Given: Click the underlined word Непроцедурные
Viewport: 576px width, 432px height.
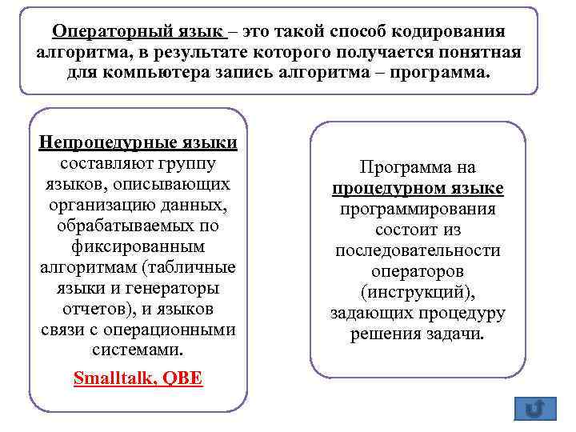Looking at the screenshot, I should click(x=107, y=142).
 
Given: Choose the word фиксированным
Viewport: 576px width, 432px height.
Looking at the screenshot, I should click(x=138, y=246).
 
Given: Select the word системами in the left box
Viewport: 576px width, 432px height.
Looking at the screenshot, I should click(x=138, y=350).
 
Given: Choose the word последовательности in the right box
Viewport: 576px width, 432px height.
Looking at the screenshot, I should click(x=418, y=250).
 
